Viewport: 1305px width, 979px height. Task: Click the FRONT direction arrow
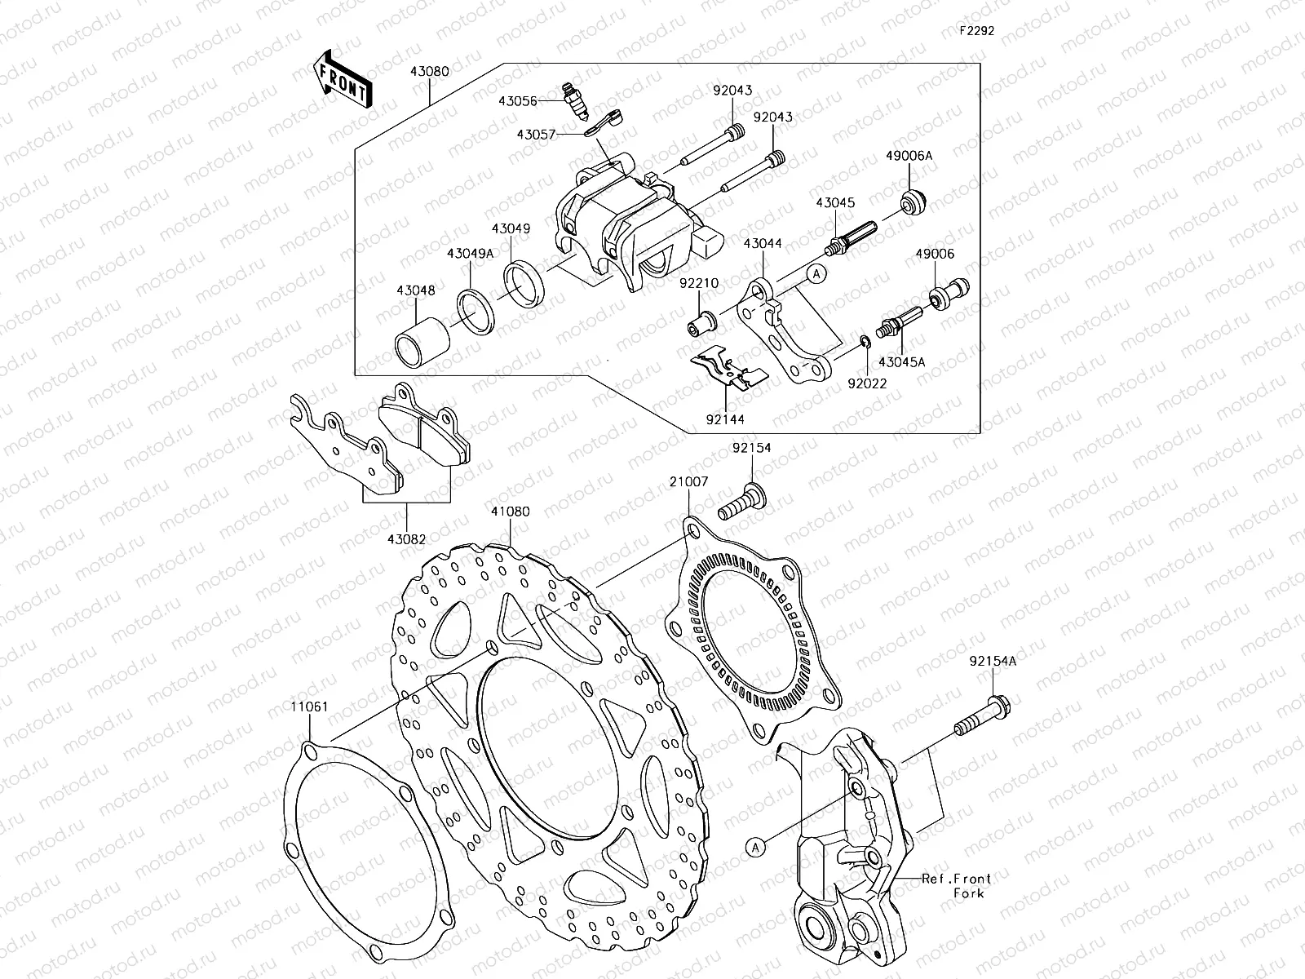pos(341,79)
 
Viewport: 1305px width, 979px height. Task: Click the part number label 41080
pos(510,512)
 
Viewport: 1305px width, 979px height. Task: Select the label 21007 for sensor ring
pos(689,482)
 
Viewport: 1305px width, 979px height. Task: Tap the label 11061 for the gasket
pos(310,706)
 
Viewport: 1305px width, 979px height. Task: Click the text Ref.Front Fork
pos(956,885)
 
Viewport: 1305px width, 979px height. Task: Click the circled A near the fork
pos(756,848)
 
